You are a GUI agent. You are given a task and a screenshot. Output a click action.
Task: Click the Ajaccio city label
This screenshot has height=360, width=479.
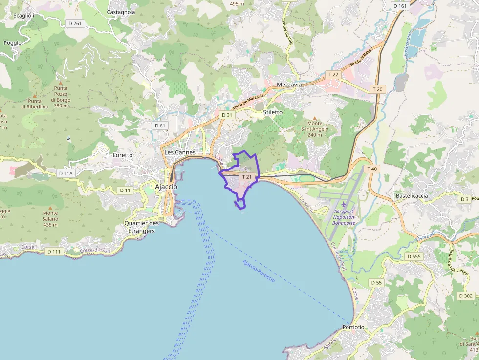point(166,187)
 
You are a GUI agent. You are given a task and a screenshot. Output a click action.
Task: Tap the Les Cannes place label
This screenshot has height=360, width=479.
point(180,152)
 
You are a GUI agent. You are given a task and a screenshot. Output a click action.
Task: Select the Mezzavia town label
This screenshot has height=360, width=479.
point(289,85)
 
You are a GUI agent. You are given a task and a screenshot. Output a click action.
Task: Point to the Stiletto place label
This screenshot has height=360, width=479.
point(273,112)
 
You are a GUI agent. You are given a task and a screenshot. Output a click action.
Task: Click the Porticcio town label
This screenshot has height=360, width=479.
point(353,327)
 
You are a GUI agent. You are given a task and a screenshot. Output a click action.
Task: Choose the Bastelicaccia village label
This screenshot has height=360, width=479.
point(412,196)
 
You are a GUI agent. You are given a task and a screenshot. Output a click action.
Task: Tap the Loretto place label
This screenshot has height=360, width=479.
point(123,155)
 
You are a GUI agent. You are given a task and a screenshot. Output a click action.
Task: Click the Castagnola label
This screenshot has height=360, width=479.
point(121,12)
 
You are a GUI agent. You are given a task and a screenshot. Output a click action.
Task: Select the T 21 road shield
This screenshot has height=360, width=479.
point(246,177)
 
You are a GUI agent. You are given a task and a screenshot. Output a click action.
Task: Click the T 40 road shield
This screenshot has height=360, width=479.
point(372,169)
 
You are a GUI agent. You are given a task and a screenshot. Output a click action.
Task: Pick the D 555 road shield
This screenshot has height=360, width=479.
point(414,256)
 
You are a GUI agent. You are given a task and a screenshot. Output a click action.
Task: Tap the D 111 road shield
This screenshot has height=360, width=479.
point(54,252)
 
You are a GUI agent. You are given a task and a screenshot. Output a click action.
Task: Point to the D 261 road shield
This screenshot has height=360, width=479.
point(75,23)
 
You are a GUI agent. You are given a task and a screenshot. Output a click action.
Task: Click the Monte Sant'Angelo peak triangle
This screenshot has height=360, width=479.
point(315,118)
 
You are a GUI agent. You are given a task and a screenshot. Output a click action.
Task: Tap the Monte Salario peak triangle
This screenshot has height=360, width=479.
point(50,208)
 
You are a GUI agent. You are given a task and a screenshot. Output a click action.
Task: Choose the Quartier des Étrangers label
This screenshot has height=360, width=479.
point(141,227)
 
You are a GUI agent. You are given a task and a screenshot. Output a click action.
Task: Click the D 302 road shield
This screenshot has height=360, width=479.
point(466,296)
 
